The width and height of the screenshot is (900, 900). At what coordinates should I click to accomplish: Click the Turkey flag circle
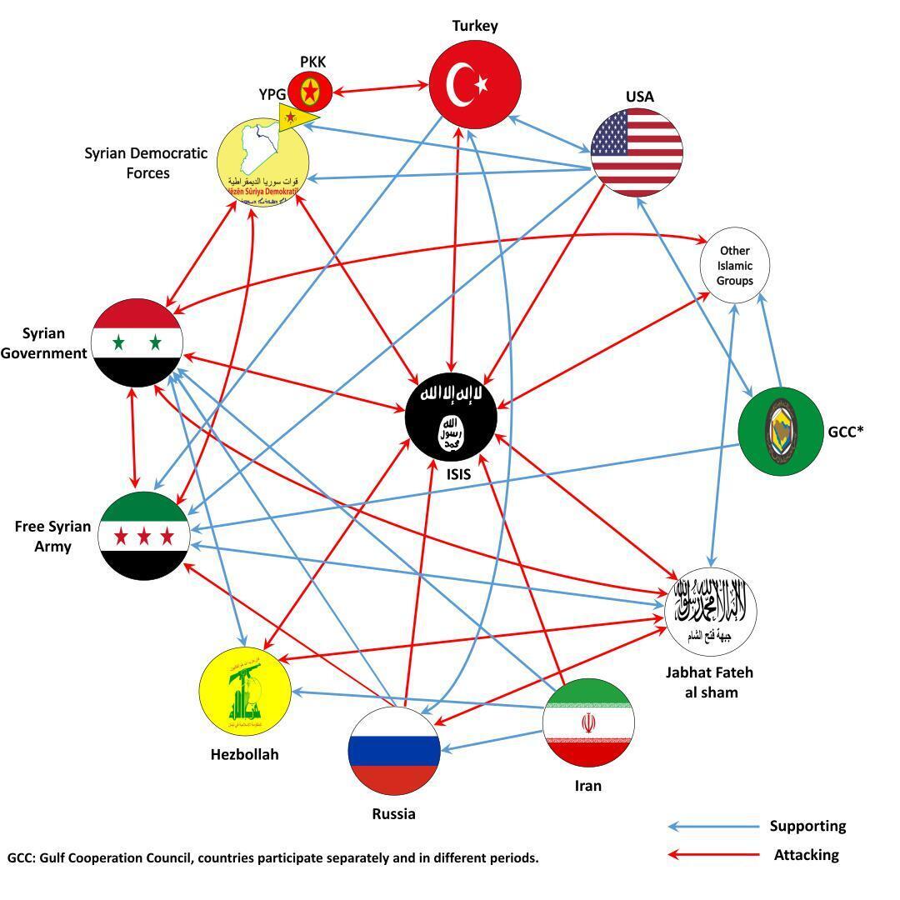pyautogui.click(x=475, y=84)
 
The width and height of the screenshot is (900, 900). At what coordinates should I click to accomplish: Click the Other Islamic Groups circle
pyautogui.click(x=734, y=265)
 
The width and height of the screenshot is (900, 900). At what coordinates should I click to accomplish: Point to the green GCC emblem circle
pyautogui.click(x=781, y=431)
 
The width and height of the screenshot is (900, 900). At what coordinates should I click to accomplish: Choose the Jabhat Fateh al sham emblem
pyautogui.click(x=711, y=612)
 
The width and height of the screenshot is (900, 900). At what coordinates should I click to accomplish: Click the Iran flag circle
pyautogui.click(x=588, y=722)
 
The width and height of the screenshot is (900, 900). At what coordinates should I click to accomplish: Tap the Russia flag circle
pyautogui.click(x=393, y=751)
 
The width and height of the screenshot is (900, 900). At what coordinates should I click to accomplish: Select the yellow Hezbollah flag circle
pyautogui.click(x=245, y=690)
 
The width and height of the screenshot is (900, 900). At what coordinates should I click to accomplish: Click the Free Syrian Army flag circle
pyautogui.click(x=143, y=535)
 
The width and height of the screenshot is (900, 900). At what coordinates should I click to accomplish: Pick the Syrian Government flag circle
pyautogui.click(x=137, y=342)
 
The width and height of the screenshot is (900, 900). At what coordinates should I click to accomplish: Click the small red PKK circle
pyautogui.click(x=310, y=92)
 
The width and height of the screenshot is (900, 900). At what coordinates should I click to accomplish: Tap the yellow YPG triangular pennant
pyautogui.click(x=296, y=117)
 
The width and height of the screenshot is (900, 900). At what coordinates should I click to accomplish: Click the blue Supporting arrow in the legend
pyautogui.click(x=712, y=827)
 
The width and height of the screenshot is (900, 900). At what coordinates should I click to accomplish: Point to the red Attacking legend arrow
pyautogui.click(x=712, y=854)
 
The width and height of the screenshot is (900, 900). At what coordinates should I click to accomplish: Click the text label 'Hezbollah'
pyautogui.click(x=244, y=754)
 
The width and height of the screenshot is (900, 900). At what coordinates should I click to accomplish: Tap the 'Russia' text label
pyautogui.click(x=393, y=814)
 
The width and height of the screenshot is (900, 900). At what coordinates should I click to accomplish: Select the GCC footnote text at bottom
pyautogui.click(x=273, y=857)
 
